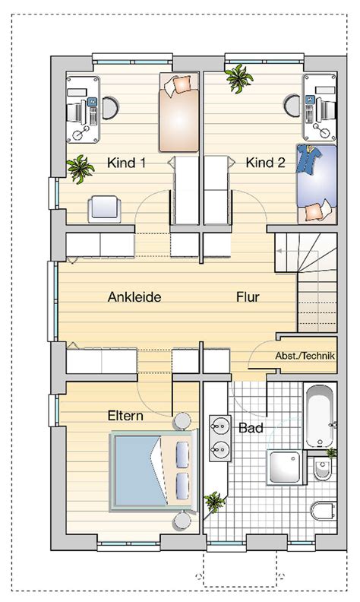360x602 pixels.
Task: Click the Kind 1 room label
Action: click(x=126, y=163)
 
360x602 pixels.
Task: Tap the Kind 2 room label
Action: click(x=265, y=163)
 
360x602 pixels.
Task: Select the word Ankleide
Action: click(x=134, y=296)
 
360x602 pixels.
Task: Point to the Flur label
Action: click(x=248, y=296)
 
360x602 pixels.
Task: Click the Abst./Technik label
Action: click(x=305, y=356)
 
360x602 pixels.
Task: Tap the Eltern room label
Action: click(x=125, y=416)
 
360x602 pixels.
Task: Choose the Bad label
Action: click(x=251, y=428)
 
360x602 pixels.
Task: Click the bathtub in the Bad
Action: click(x=321, y=416)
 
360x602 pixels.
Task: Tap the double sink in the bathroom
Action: click(x=220, y=438)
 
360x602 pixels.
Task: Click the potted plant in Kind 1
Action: click(x=81, y=169)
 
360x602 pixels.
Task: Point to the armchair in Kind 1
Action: click(x=104, y=209)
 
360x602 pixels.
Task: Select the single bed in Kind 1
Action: click(x=178, y=112)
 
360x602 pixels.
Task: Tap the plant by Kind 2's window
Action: click(x=239, y=78)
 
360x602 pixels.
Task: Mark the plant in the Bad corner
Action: click(x=214, y=502)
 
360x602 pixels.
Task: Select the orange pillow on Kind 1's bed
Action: click(x=182, y=84)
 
